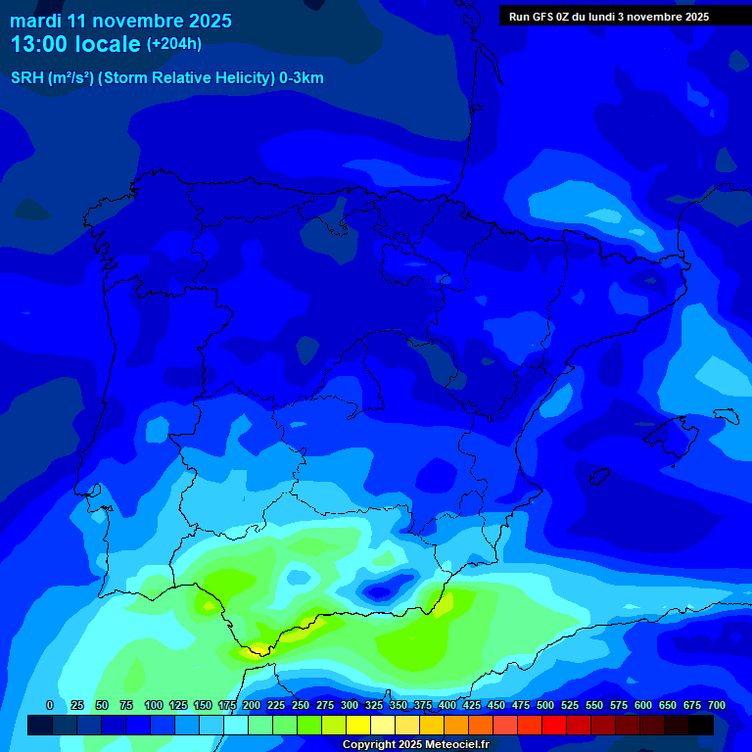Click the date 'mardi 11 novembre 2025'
tap(120, 21)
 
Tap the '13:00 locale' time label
tap(75, 44)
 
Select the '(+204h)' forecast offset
tap(174, 44)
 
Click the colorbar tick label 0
tap(50, 705)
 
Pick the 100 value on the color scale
tap(154, 705)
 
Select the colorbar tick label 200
tap(252, 705)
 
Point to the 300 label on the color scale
tap(350, 705)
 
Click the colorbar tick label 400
tap(447, 705)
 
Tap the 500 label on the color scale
tap(545, 705)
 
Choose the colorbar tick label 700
tap(716, 705)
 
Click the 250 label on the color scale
tap(301, 705)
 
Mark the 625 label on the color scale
tap(668, 705)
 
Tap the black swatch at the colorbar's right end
tap(701, 725)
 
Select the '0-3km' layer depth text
tap(302, 78)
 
